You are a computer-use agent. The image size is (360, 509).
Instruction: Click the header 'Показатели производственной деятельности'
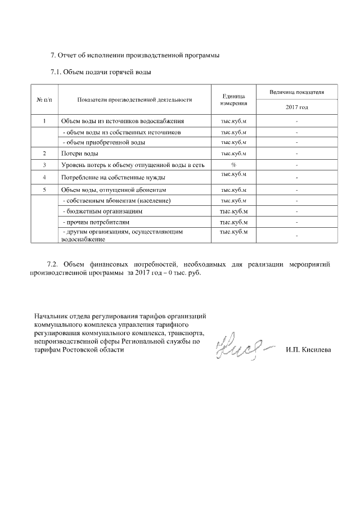134,100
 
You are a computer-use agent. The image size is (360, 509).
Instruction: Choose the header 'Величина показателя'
296,92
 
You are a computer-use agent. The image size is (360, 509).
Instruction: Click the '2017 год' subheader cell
296,107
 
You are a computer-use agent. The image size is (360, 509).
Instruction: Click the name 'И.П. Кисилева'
308,350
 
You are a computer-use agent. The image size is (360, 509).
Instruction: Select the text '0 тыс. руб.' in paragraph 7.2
183,273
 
